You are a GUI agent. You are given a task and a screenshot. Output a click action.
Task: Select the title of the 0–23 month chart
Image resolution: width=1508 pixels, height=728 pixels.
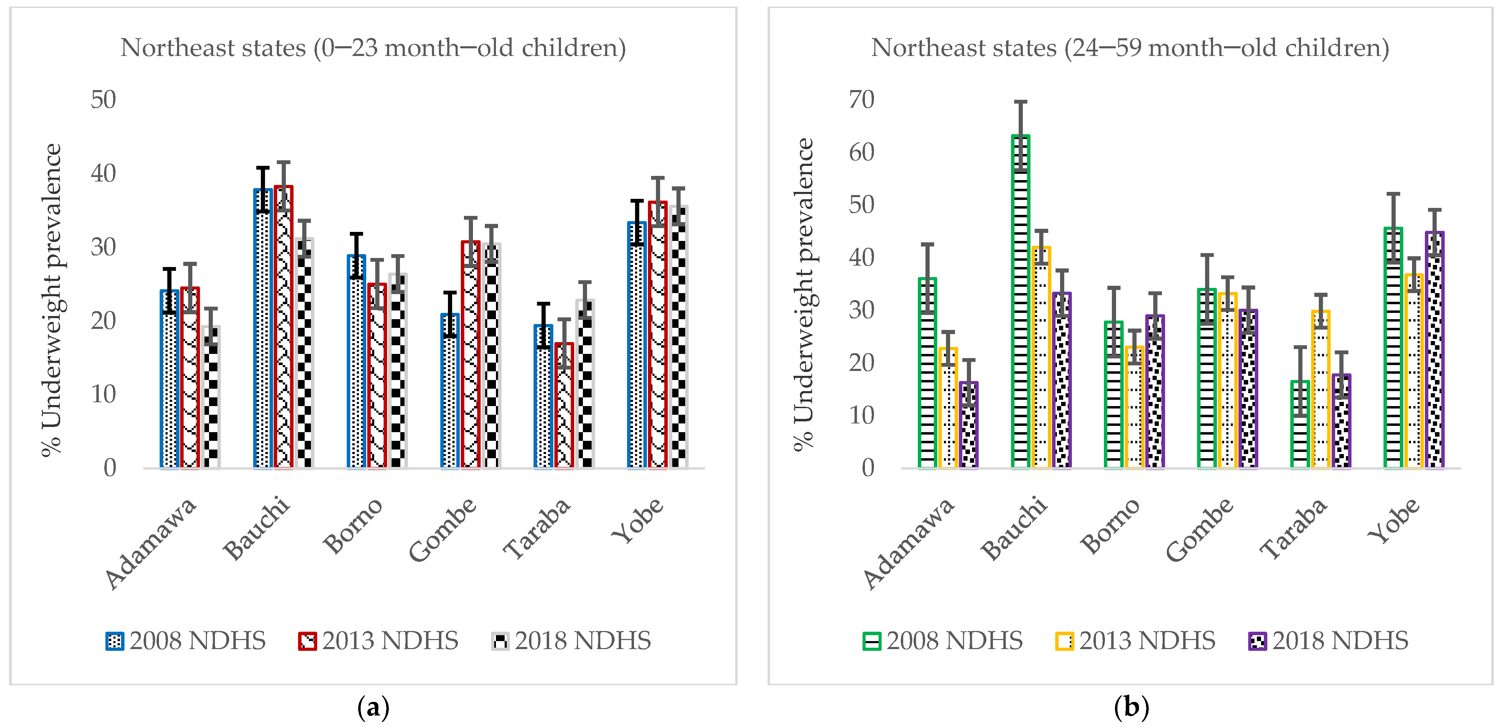pos(373,48)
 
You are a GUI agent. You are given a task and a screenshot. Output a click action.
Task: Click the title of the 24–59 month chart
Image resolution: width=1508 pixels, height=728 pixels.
pos(1130,48)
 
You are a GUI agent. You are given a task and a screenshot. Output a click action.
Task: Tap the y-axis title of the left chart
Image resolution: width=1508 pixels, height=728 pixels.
pos(51,300)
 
